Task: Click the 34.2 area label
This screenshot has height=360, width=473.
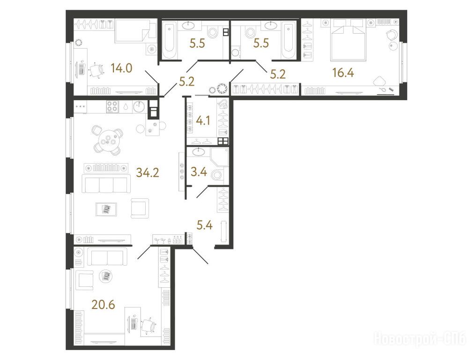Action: (148, 172)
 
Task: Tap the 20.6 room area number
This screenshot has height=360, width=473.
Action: (103, 305)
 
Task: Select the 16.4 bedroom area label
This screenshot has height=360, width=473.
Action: (343, 73)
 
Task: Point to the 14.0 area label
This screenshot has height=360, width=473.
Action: (121, 68)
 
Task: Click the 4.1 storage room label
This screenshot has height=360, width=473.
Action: (203, 121)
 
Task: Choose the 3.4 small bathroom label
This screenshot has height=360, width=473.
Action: (199, 172)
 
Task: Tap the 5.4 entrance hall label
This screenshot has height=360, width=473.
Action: (205, 225)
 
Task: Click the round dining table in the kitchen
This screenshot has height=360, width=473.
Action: (109, 140)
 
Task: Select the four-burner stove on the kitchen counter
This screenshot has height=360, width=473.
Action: (112, 106)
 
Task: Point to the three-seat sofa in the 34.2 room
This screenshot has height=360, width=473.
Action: (105, 185)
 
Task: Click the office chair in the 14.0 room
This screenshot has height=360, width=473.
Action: (96, 70)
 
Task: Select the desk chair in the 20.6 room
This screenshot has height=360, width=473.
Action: (148, 326)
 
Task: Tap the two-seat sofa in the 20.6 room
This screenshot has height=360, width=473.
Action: (107, 257)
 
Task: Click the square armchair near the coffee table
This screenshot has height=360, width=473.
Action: (140, 208)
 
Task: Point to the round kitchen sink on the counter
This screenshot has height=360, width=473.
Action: (139, 106)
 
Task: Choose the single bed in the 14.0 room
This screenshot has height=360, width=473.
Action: (135, 31)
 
